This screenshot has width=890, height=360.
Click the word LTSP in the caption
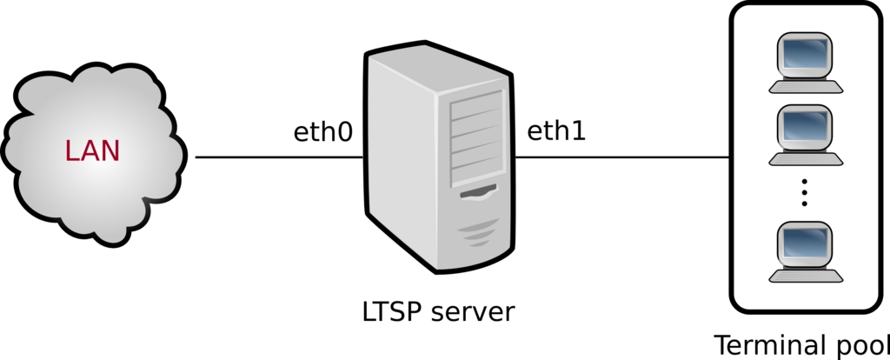click(x=390, y=310)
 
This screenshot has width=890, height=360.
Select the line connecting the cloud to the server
click(x=278, y=157)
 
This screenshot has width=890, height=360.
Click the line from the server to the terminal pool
click(x=621, y=157)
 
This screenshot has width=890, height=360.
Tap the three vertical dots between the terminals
click(x=805, y=192)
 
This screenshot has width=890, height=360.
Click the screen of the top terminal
click(x=805, y=55)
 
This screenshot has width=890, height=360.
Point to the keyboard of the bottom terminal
click(x=806, y=276)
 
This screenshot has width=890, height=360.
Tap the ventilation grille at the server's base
click(x=475, y=232)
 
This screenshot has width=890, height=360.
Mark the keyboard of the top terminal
click(x=806, y=86)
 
